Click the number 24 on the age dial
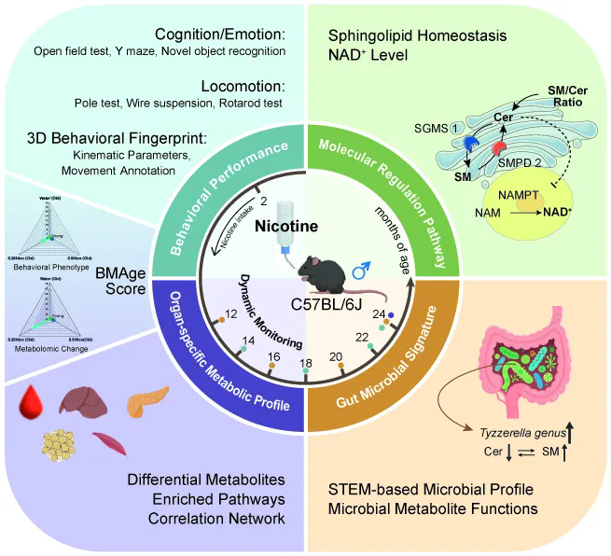pyautogui.click(x=381, y=315)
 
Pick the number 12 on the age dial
pyautogui.click(x=230, y=316)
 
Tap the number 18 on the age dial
pyautogui.click(x=305, y=362)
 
